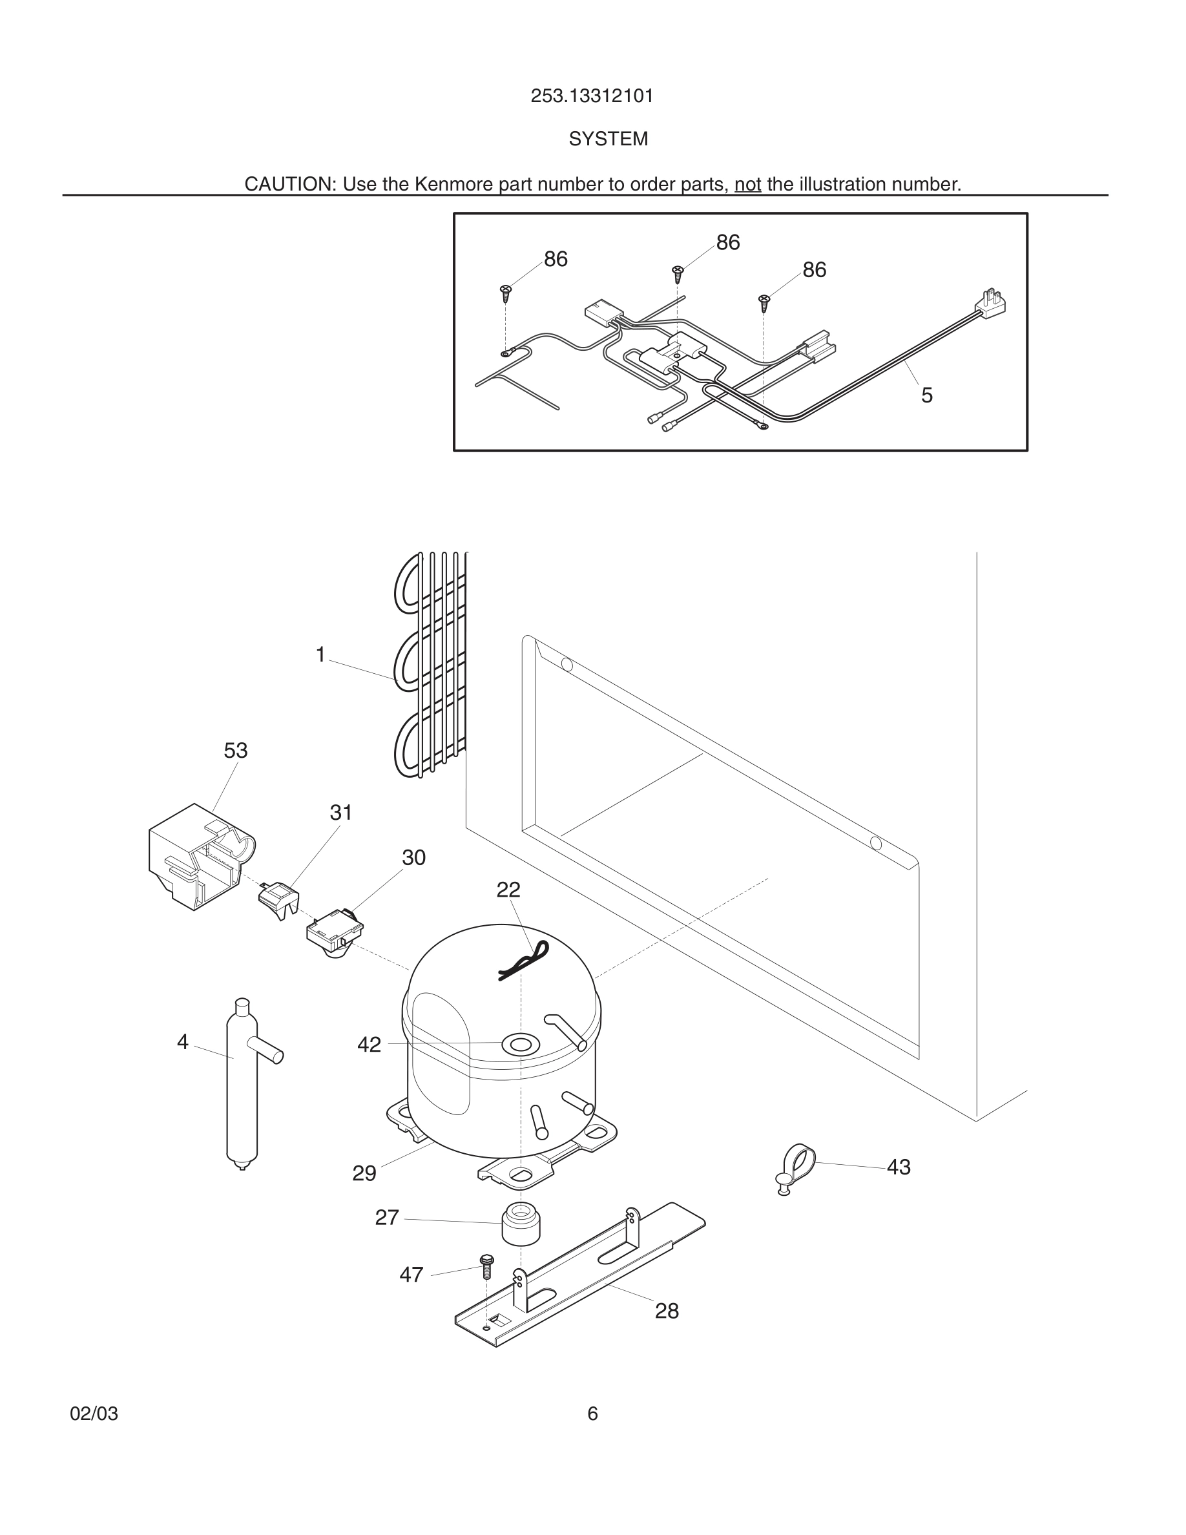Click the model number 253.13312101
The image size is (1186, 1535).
click(x=592, y=96)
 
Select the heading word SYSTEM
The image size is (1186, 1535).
click(x=608, y=139)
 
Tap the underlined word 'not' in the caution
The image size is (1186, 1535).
click(x=747, y=184)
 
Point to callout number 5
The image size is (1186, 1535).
click(x=927, y=395)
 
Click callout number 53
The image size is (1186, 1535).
click(x=235, y=751)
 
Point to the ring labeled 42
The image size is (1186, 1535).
click(x=519, y=1045)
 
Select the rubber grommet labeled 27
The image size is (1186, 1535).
click(x=521, y=1224)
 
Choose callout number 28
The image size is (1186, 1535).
click(x=667, y=1311)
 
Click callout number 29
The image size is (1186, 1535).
click(x=364, y=1173)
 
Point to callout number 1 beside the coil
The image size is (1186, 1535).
click(x=320, y=655)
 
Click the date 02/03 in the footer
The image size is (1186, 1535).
click(x=94, y=1414)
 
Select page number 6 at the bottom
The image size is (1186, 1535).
click(x=592, y=1414)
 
